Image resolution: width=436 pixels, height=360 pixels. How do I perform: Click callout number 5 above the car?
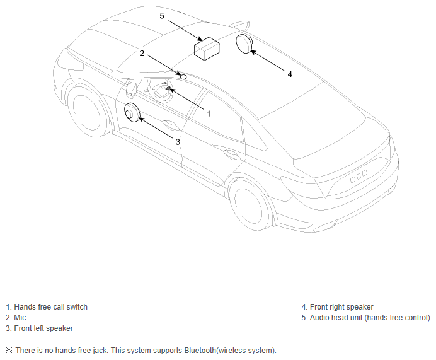(x=162, y=16)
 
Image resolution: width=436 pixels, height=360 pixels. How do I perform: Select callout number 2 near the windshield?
(x=142, y=54)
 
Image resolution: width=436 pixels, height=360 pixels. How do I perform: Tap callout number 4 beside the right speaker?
(x=290, y=74)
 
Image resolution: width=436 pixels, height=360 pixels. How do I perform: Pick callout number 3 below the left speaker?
(x=178, y=142)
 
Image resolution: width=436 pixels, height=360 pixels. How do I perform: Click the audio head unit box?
(x=206, y=48)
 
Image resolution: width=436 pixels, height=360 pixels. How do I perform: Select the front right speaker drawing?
(x=244, y=45)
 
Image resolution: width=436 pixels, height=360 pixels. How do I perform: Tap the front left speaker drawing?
(x=132, y=112)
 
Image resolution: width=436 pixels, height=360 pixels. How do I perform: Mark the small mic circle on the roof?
(x=183, y=76)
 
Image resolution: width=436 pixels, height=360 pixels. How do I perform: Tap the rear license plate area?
(x=359, y=178)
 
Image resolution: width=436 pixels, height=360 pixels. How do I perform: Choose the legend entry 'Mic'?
(x=20, y=318)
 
